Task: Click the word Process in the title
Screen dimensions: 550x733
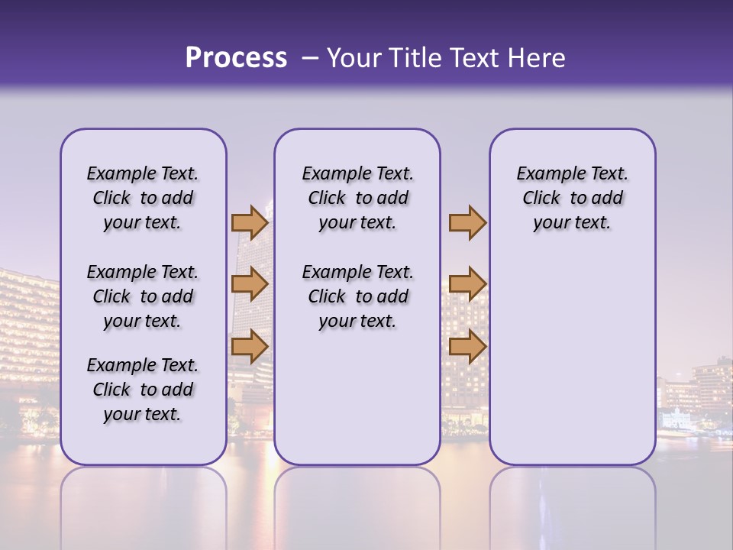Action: pos(236,58)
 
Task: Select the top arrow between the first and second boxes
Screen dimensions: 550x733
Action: pos(250,223)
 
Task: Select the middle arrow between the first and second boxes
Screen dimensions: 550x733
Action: pos(250,285)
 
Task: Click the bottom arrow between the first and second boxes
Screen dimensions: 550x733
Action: pos(250,346)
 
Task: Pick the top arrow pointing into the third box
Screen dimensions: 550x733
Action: pos(467,223)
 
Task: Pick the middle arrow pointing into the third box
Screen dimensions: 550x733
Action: pos(467,285)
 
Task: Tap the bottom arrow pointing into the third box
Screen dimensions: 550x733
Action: pos(467,346)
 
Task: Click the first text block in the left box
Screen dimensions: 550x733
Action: pos(143,198)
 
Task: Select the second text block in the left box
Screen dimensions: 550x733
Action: pos(143,296)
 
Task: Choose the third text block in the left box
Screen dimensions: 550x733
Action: pos(143,390)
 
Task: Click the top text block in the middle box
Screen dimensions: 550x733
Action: pos(357,198)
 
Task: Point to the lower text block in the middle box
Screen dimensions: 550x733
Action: pos(357,296)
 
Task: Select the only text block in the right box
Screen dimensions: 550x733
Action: pos(572,198)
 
